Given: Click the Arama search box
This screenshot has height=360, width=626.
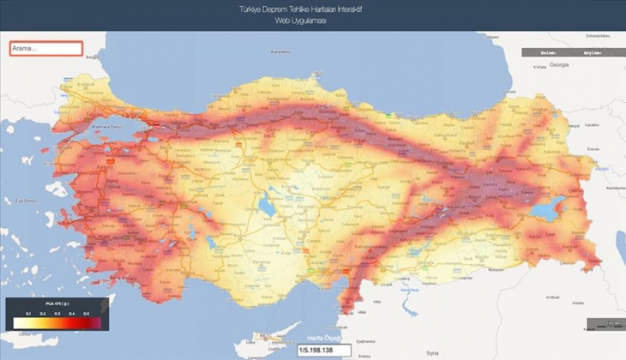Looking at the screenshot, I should click(x=46, y=48).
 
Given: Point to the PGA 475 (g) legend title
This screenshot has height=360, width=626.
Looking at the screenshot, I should click(x=56, y=304).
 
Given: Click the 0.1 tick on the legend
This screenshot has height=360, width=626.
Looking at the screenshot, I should click(x=28, y=314).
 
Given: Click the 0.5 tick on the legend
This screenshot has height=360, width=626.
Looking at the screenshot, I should click(x=87, y=314).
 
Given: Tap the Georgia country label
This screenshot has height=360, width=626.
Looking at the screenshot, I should click(x=560, y=65).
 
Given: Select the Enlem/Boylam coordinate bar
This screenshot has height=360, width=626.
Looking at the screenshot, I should click(x=567, y=52).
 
